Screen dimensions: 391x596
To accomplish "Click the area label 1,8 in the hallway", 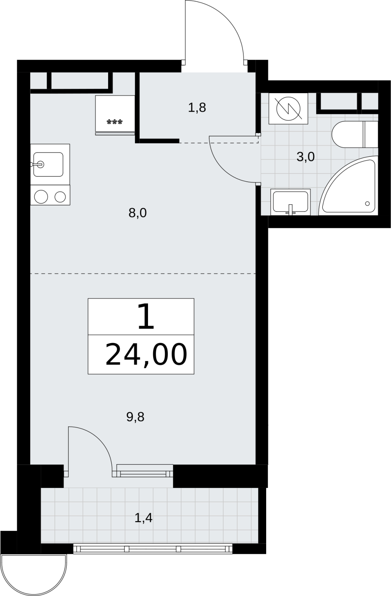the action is [197, 108].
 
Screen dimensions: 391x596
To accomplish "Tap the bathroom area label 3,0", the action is [306, 157].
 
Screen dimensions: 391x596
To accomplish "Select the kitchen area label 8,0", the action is [138, 213].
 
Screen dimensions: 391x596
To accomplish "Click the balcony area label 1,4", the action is [144, 518].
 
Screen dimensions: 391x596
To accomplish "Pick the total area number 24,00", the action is [146, 355].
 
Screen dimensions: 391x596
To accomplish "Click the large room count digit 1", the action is [146, 317].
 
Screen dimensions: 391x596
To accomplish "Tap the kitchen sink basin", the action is [48, 164].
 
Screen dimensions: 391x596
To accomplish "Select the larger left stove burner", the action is [41, 197].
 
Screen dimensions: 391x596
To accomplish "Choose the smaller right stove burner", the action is [60, 197].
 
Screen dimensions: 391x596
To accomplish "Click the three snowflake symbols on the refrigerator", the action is [115, 122].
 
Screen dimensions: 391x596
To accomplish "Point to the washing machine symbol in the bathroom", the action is [288, 108].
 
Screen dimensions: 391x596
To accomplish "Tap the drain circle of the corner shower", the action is [367, 203].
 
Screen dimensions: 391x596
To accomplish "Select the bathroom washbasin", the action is [290, 202].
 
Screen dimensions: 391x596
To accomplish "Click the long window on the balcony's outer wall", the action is [152, 549].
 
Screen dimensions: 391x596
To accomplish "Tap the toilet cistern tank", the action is [371, 134].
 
